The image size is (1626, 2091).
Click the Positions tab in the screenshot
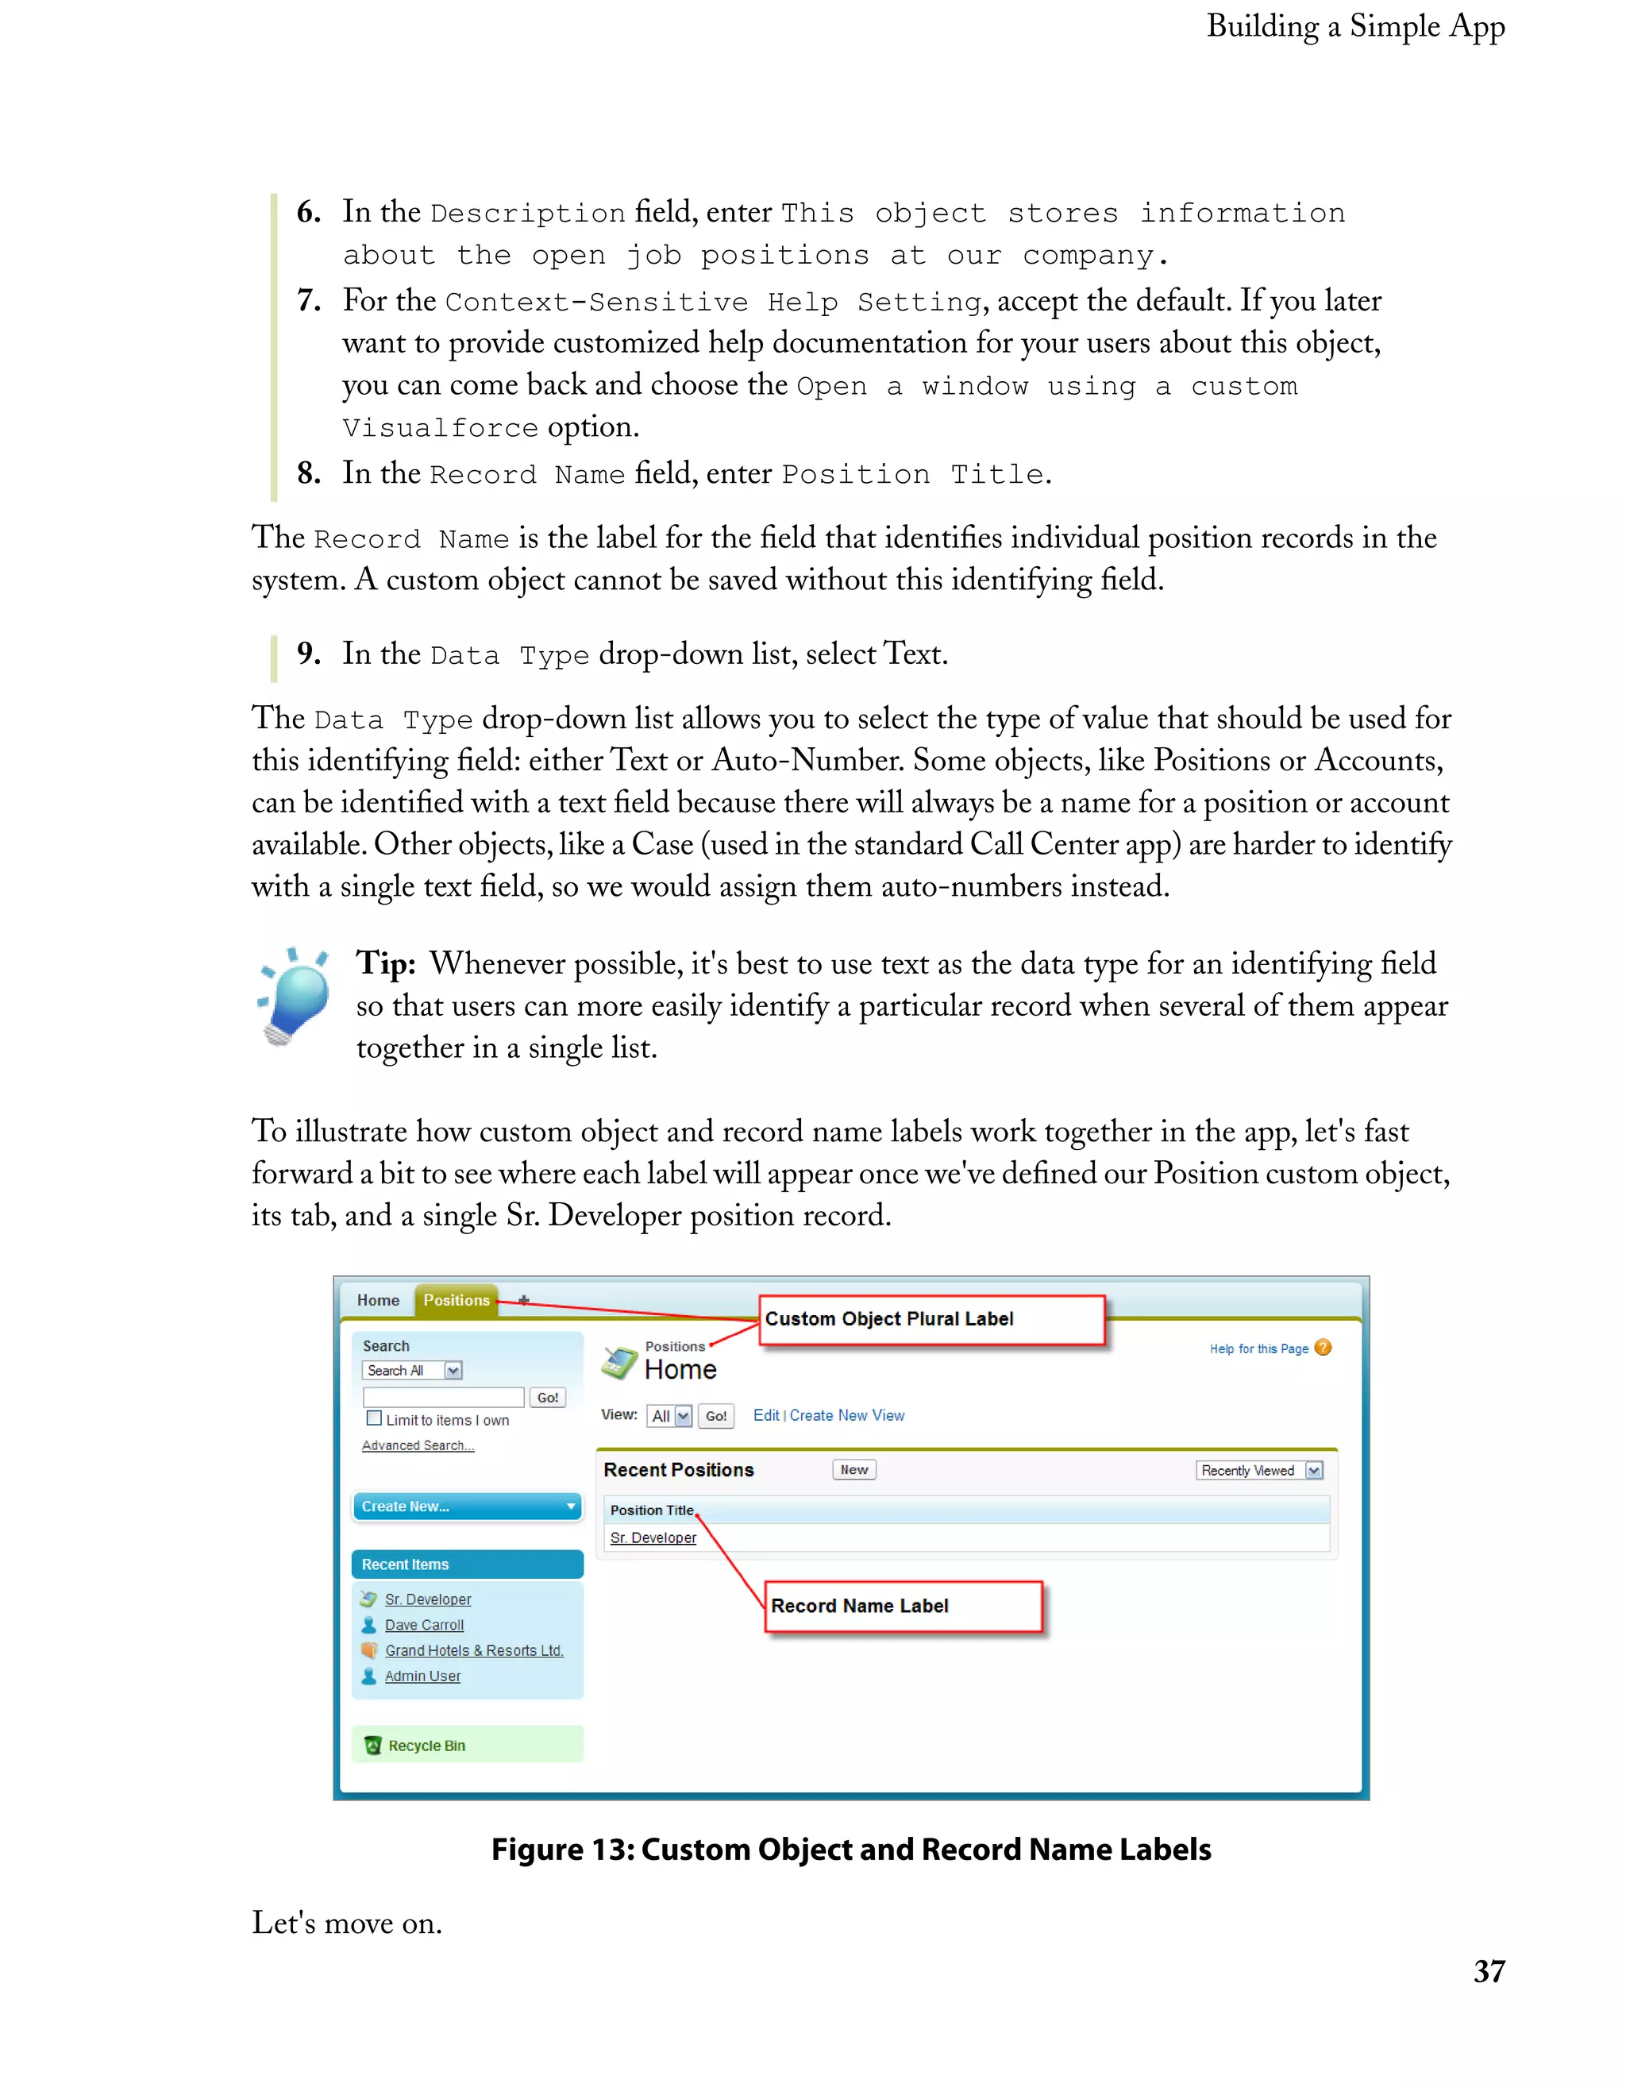tap(456, 1300)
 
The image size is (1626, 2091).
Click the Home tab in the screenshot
tap(378, 1300)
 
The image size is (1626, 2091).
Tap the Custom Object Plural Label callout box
tap(931, 1319)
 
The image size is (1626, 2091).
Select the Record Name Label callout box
tap(903, 1606)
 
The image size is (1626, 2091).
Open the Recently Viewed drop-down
tap(1258, 1470)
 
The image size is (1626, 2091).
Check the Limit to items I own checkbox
tap(374, 1419)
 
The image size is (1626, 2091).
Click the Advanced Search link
tap(418, 1445)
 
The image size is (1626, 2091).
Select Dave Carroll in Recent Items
tap(424, 1625)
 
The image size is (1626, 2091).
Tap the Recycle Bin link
tap(426, 1746)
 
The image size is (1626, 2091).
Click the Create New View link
tap(846, 1415)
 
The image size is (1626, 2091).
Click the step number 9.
tap(307, 654)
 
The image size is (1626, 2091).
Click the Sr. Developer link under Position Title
tap(653, 1537)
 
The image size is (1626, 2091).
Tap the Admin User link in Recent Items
tap(422, 1676)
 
